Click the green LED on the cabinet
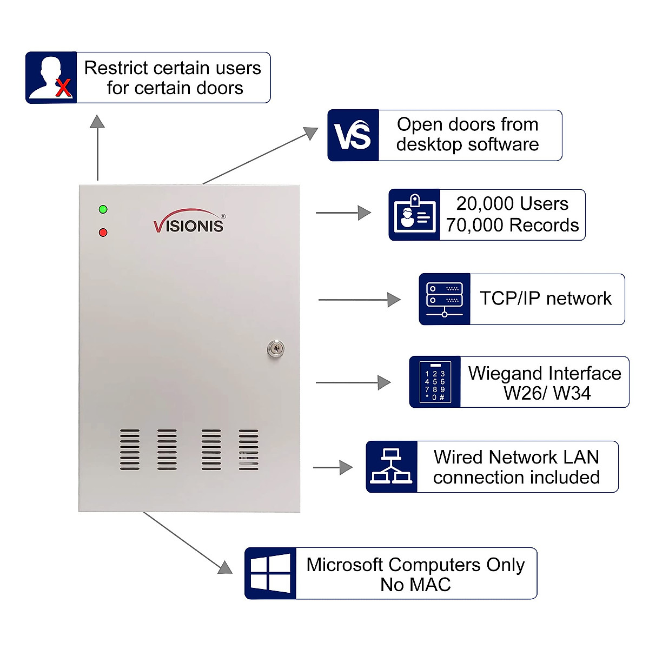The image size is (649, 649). coord(103,209)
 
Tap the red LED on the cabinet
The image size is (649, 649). coord(103,233)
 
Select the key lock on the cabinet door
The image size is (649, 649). coord(276,349)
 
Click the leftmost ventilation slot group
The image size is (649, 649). coord(130,449)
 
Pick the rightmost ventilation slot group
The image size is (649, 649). coord(248,449)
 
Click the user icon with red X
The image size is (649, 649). coord(51,78)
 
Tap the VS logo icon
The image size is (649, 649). coord(353,136)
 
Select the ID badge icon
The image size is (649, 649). coord(414,215)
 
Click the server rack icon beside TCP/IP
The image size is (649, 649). coord(445,299)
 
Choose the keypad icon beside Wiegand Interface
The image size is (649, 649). coord(435,382)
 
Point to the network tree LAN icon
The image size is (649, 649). coord(392,467)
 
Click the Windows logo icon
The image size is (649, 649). coord(270,573)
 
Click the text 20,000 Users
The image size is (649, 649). coord(512,204)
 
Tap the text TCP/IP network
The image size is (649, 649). coord(546,299)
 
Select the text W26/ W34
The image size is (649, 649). coord(547,393)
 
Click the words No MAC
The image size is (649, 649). coord(415,585)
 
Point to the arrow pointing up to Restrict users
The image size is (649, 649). coord(97,146)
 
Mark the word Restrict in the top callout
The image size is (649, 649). coord(116,68)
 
